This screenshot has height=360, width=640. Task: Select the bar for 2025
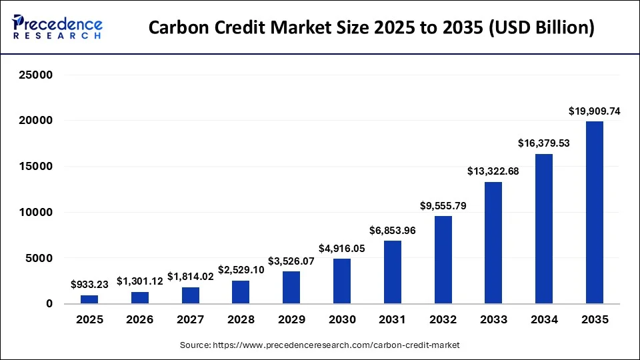point(89,299)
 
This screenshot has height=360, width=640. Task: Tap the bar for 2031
point(393,272)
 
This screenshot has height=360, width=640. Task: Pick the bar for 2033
point(493,243)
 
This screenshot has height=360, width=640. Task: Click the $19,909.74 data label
point(594,111)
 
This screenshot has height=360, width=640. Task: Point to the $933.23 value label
point(89,285)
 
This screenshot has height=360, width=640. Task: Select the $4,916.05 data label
point(342,249)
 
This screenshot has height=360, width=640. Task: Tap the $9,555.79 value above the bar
point(443,206)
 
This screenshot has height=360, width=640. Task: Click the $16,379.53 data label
point(544,143)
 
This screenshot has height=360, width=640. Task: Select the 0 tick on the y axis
point(49,304)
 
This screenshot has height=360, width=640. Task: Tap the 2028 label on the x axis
point(241,320)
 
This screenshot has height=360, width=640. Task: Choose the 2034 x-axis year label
point(544,320)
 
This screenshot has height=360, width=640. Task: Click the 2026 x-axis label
point(140,320)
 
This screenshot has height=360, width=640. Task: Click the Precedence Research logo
point(57,27)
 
